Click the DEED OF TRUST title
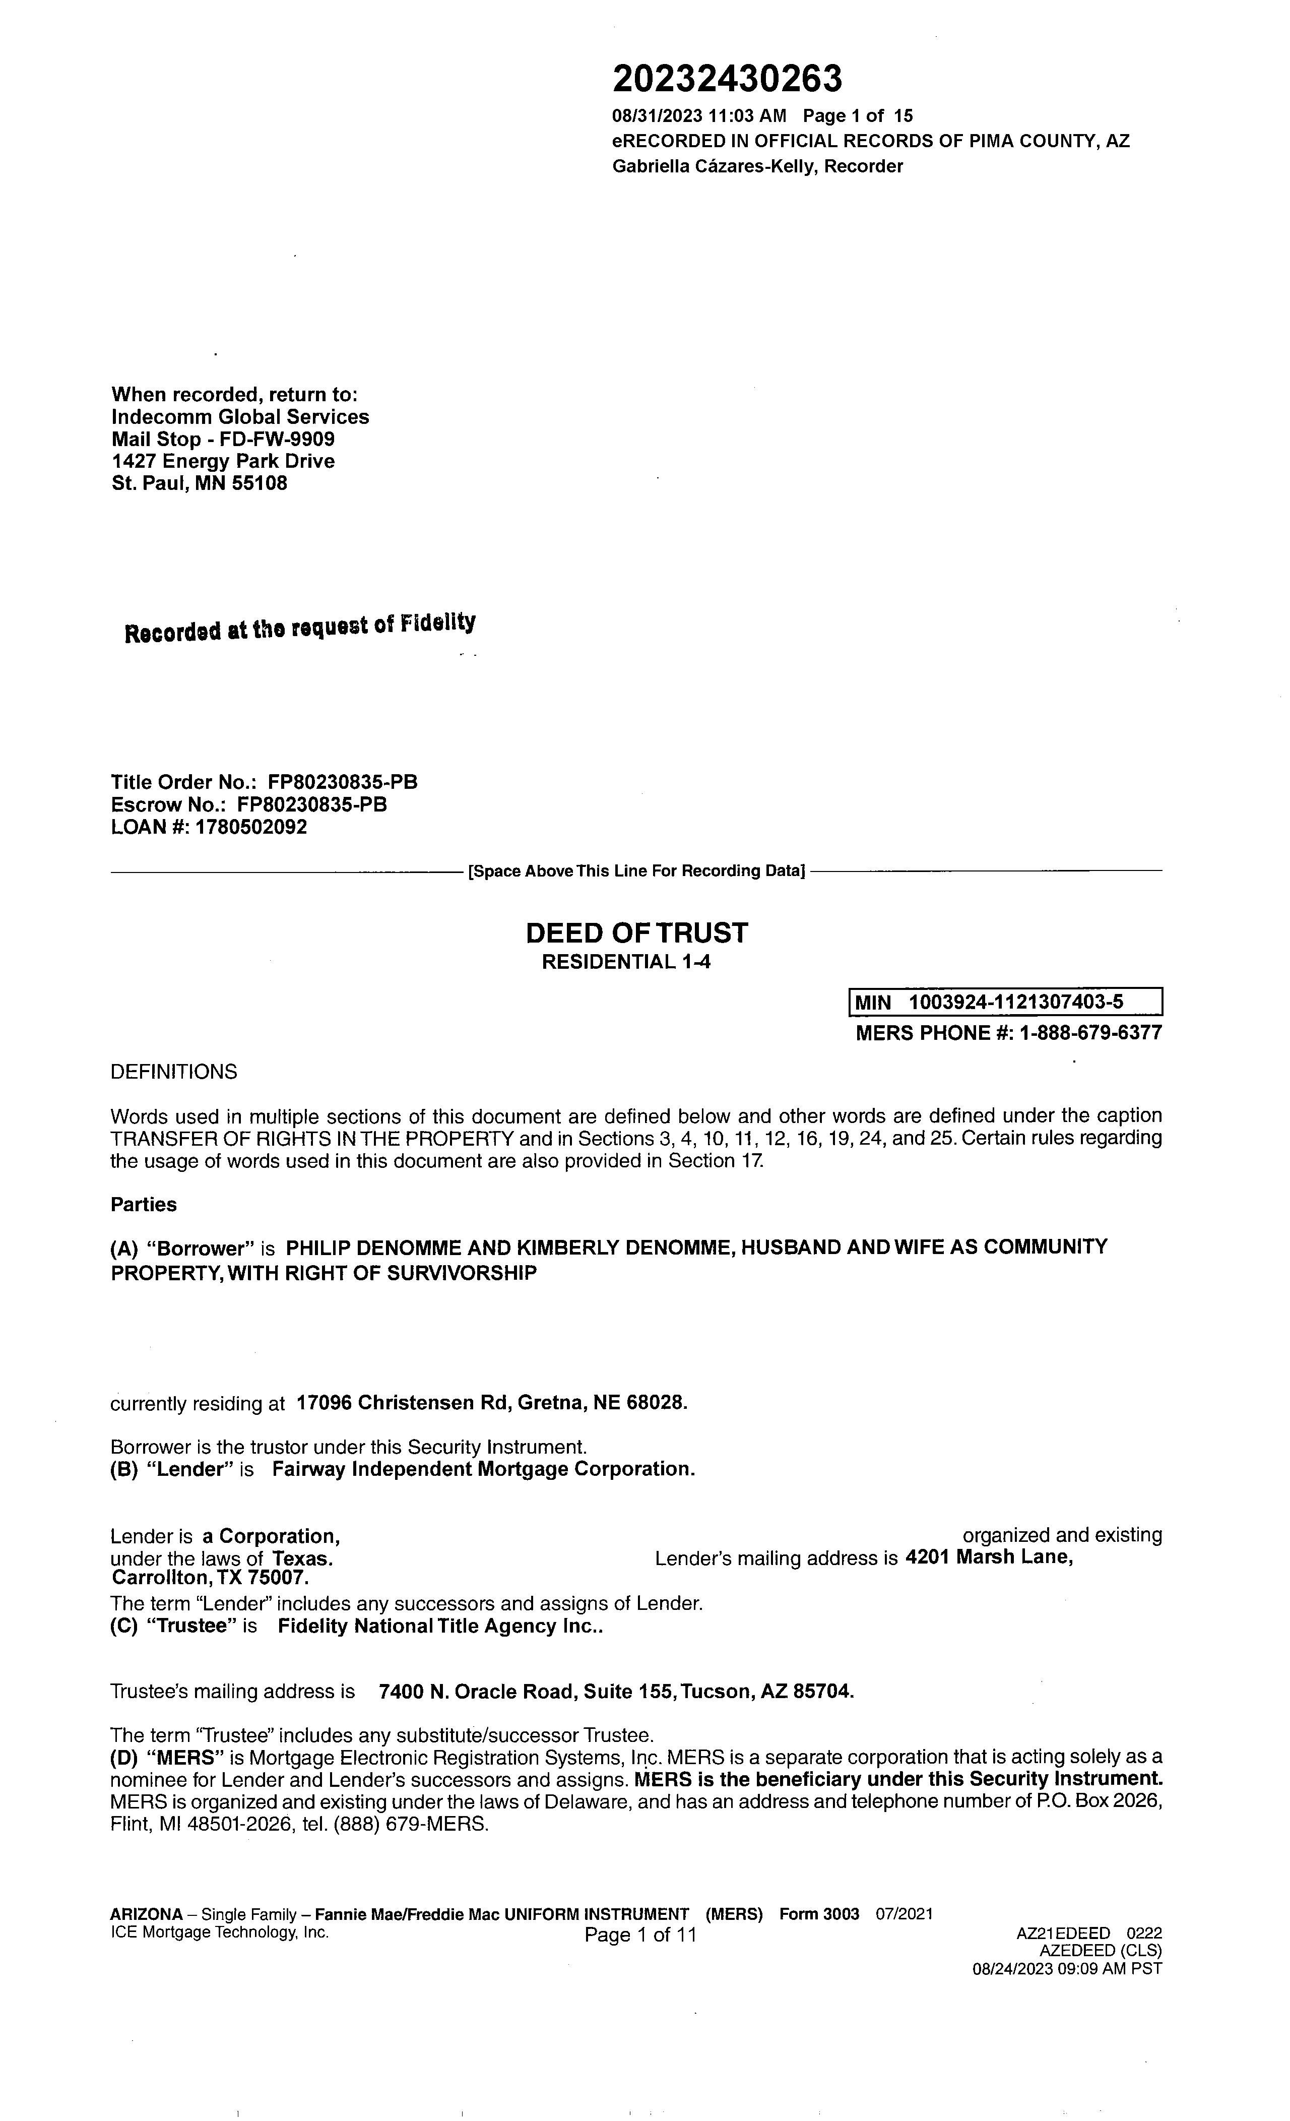click(637, 932)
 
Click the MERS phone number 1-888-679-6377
click(1090, 1032)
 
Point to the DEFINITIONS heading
click(174, 1072)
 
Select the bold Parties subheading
click(144, 1204)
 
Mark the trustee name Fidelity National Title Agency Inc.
click(439, 1626)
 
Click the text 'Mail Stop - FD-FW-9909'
click(223, 439)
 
